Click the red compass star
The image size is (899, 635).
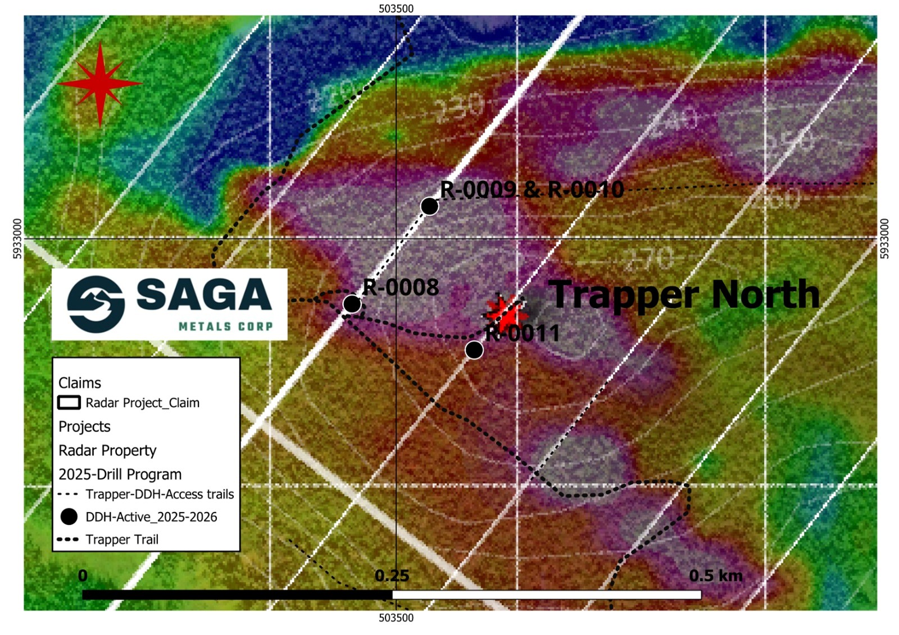[100, 84]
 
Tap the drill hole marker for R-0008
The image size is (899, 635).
[352, 304]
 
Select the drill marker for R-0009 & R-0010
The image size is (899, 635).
[429, 206]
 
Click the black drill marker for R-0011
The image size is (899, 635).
[474, 350]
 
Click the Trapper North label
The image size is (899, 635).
[684, 294]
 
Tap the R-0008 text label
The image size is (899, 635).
[401, 288]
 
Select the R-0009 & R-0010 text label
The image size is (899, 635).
[532, 190]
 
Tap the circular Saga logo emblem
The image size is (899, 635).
[96, 304]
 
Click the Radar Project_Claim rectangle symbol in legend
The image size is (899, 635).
[69, 403]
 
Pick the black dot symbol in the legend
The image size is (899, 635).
[69, 516]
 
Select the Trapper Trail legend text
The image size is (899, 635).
[122, 539]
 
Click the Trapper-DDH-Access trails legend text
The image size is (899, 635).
[160, 495]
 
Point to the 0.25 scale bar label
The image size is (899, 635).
[392, 576]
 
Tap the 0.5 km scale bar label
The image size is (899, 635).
[715, 576]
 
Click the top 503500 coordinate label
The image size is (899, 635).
[396, 8]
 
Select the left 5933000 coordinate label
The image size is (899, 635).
[17, 239]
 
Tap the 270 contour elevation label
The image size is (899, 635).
[649, 258]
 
